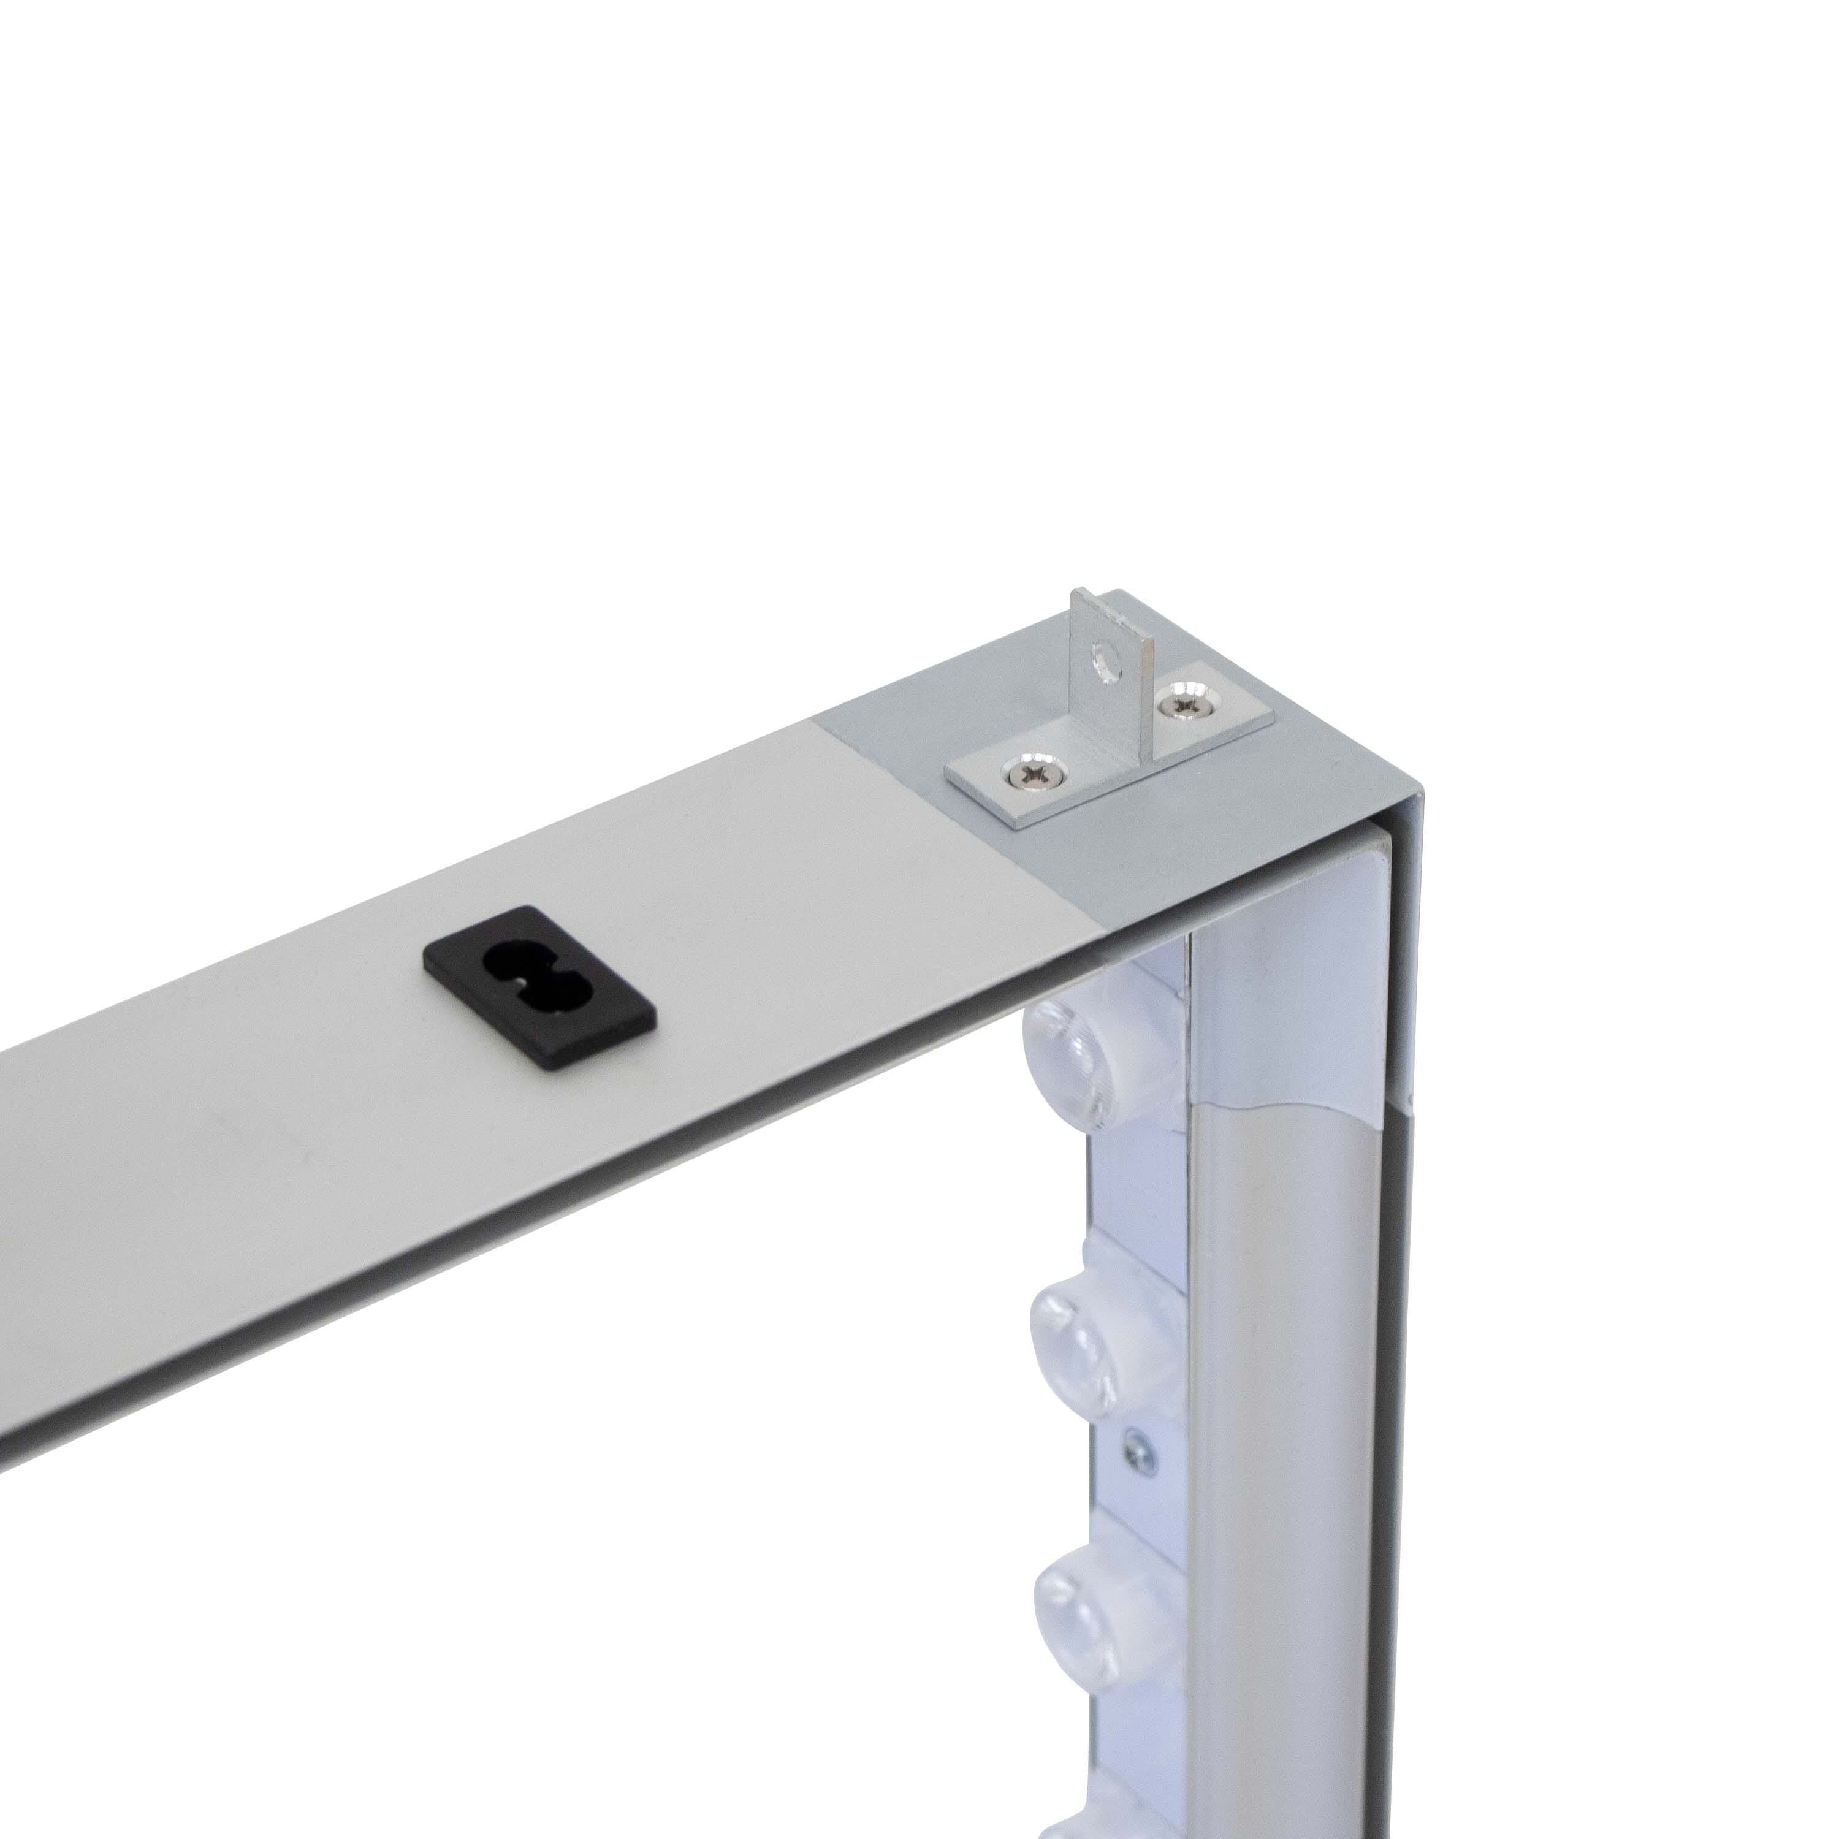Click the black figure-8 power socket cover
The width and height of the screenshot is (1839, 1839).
539,987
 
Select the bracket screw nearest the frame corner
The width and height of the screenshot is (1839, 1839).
1185,704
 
